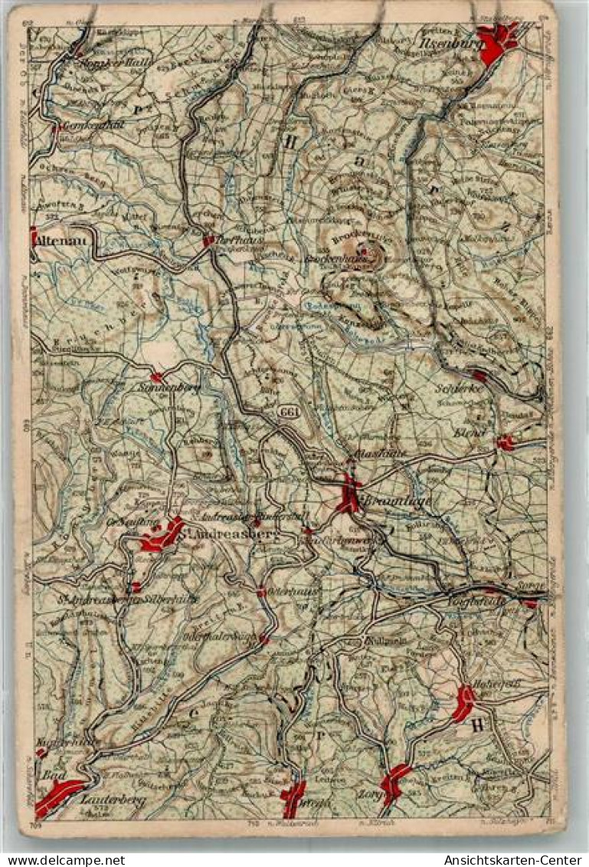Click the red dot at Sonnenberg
tap(156, 377)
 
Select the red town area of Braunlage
tap(350, 494)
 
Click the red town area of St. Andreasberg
tap(162, 534)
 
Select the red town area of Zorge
tap(395, 781)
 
